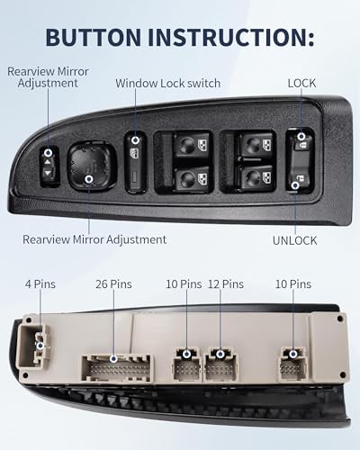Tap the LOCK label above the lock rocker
301,83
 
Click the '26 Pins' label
113,284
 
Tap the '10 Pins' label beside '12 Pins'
183,284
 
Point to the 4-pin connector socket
38,343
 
